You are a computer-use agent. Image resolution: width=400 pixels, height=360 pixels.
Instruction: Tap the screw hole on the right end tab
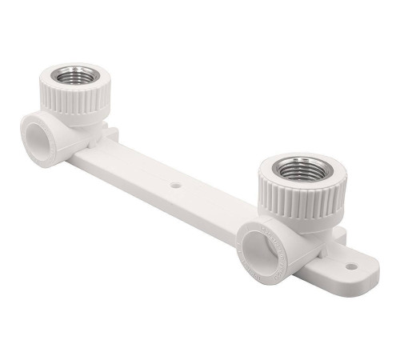350,266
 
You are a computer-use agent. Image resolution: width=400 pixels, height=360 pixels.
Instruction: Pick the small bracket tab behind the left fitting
113,133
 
